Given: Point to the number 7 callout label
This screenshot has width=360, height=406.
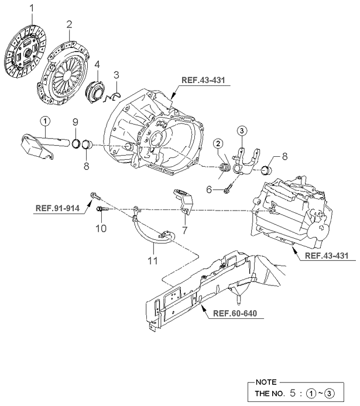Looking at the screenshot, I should coord(183,230).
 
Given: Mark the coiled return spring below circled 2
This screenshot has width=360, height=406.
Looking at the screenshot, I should coord(222,170).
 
